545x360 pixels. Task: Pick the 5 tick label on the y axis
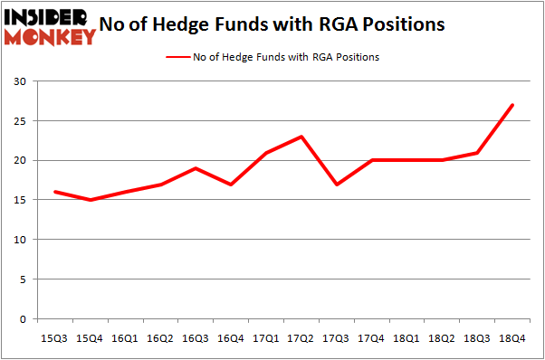tap(21, 279)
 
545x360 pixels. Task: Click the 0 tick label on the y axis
tap(21, 319)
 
